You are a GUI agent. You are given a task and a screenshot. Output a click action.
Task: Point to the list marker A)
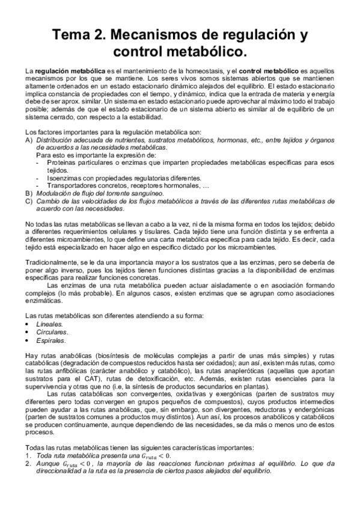29,139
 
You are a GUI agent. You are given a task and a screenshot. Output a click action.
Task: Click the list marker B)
29,193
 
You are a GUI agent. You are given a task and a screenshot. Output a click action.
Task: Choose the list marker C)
29,201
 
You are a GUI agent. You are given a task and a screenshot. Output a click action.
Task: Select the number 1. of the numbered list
28,456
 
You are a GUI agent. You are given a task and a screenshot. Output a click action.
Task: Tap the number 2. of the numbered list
28,464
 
